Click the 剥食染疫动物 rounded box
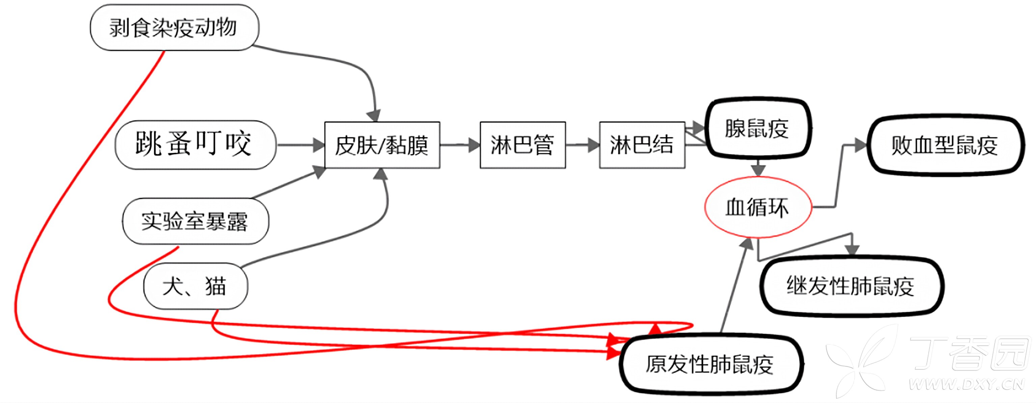tap(174, 28)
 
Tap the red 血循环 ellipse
tap(758, 207)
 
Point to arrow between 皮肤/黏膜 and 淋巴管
tap(460, 145)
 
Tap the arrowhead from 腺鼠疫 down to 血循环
tap(758, 169)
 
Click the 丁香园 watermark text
tap(969, 354)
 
